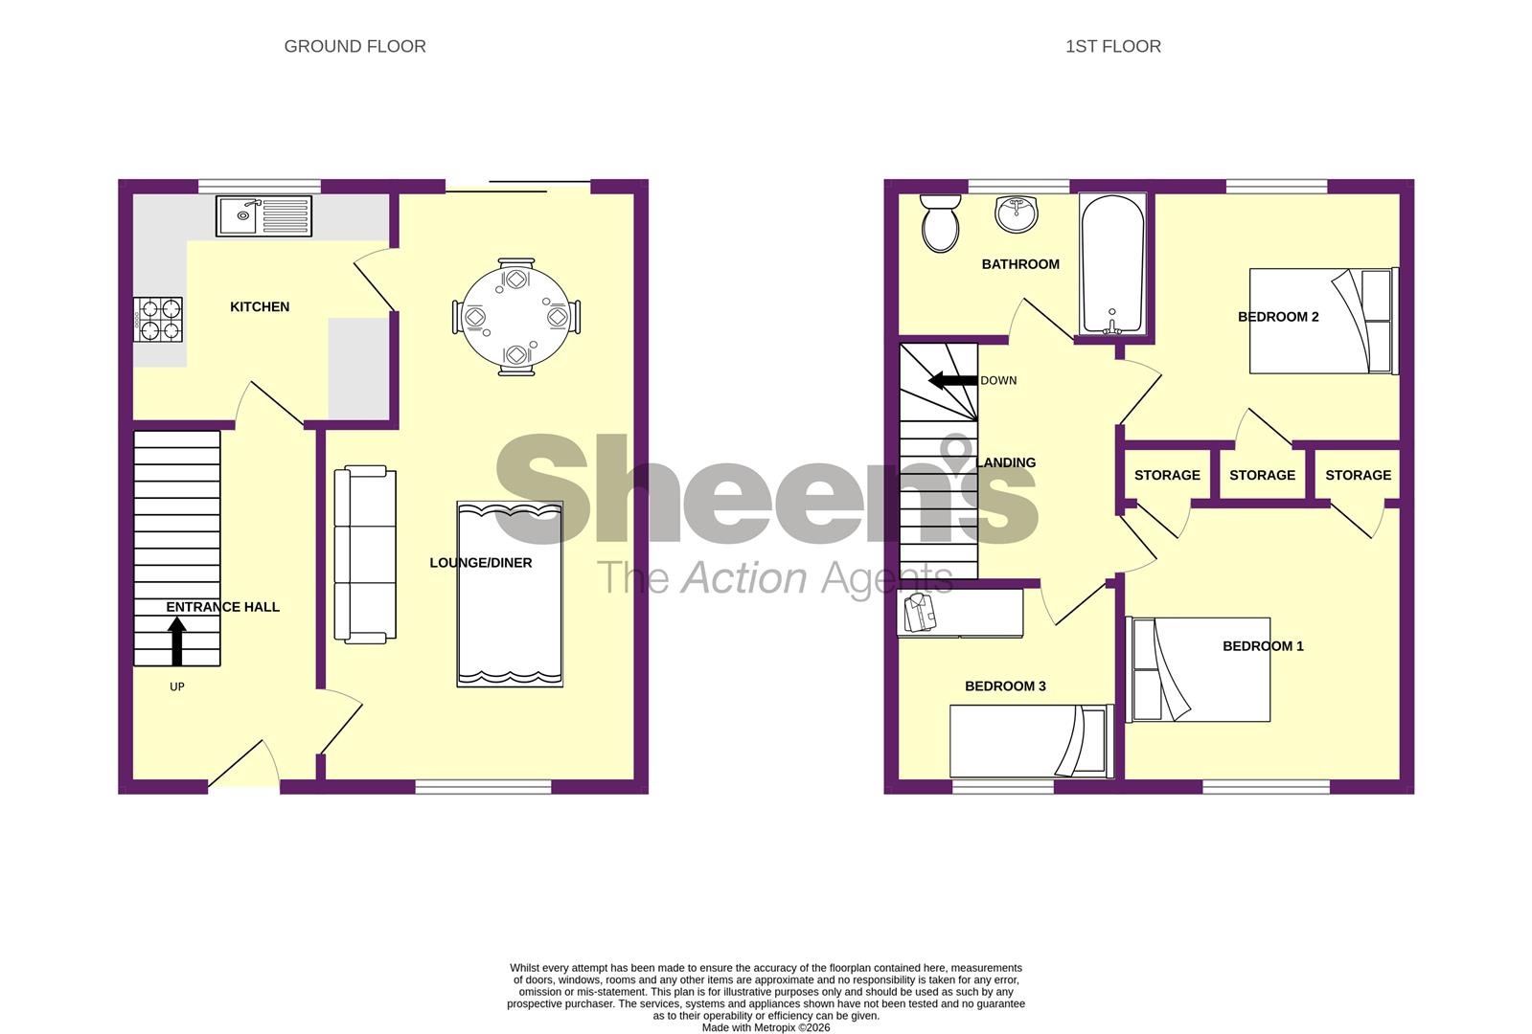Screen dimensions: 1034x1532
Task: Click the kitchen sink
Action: pyautogui.click(x=263, y=215)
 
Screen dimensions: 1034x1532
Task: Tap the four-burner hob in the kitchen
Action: pyautogui.click(x=159, y=320)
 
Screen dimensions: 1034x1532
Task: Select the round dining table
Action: pyautogui.click(x=515, y=317)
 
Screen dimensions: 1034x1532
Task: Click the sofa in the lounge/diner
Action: pyautogui.click(x=365, y=554)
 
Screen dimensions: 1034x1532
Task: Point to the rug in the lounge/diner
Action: pyautogui.click(x=510, y=594)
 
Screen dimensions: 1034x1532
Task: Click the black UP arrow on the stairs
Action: pyautogui.click(x=177, y=641)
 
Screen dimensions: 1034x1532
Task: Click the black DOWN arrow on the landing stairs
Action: pyautogui.click(x=953, y=380)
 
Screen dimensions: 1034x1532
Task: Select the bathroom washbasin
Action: pyautogui.click(x=1016, y=214)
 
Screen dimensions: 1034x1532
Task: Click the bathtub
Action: pyautogui.click(x=1112, y=264)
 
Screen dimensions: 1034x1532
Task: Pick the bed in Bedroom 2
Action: pyautogui.click(x=1322, y=321)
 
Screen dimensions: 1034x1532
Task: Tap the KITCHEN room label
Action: pyautogui.click(x=260, y=306)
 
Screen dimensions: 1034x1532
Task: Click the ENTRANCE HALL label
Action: pyautogui.click(x=223, y=607)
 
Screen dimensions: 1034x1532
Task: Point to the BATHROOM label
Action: pyautogui.click(x=1020, y=264)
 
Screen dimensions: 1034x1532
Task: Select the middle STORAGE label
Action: pyautogui.click(x=1262, y=475)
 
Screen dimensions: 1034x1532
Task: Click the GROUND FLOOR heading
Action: pyautogui.click(x=354, y=46)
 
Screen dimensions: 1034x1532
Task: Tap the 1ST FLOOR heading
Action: pyautogui.click(x=1112, y=46)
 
